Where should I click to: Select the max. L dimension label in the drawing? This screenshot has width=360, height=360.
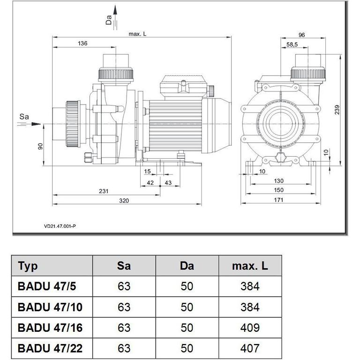[x=138, y=34]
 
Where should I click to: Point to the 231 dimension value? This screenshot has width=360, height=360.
[x=104, y=191]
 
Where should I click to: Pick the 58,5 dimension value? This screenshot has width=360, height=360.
[x=292, y=45]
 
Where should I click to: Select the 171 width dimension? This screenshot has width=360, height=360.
[x=279, y=200]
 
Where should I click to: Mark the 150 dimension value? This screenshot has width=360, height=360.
[x=279, y=190]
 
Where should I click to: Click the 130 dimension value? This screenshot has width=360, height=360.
[x=279, y=181]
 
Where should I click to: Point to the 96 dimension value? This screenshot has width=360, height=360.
[x=301, y=35]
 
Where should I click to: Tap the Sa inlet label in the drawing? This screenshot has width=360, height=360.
[x=24, y=115]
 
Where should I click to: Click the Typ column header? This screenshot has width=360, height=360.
[x=28, y=266]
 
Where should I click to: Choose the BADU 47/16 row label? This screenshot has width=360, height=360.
[x=50, y=328]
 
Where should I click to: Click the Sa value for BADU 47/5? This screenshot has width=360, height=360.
[x=124, y=286]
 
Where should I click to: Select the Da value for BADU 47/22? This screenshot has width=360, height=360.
[x=187, y=348]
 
